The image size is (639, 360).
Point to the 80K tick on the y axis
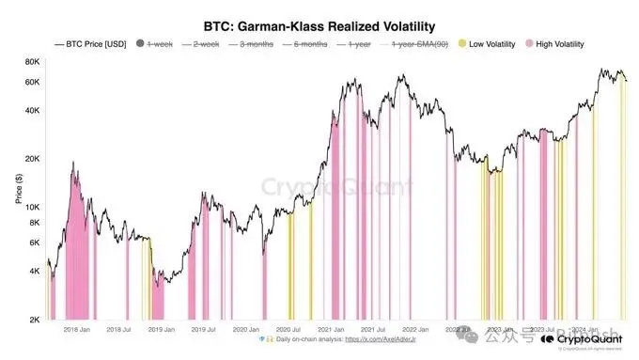[31, 62]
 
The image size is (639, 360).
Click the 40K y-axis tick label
[31, 110]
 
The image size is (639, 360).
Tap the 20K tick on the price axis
[31, 158]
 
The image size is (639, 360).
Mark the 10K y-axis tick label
[31, 207]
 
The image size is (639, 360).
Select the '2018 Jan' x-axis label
[76, 329]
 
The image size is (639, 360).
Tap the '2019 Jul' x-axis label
[205, 329]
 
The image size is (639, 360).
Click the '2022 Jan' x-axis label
[417, 329]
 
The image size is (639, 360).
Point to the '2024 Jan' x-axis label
[586, 329]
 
